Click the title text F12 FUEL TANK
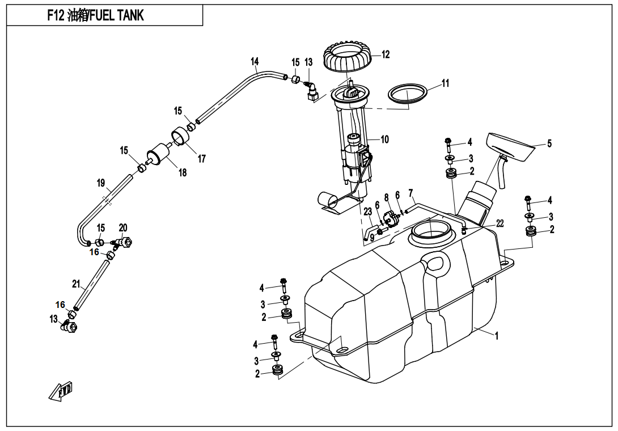pos(96,15)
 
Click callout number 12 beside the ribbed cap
pos(386,55)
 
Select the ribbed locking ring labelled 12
pos(348,57)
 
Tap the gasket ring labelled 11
pos(408,93)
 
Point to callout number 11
pos(445,83)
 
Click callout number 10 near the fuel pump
pos(384,139)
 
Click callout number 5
pos(549,144)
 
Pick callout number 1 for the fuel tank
pos(497,336)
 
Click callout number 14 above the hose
pos(255,61)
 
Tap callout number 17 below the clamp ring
pos(202,159)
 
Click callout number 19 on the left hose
pos(101,183)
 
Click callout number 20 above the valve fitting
pos(123,228)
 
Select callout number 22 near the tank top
pos(500,224)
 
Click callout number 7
pos(410,193)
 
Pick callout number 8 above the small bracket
pos(387,198)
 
